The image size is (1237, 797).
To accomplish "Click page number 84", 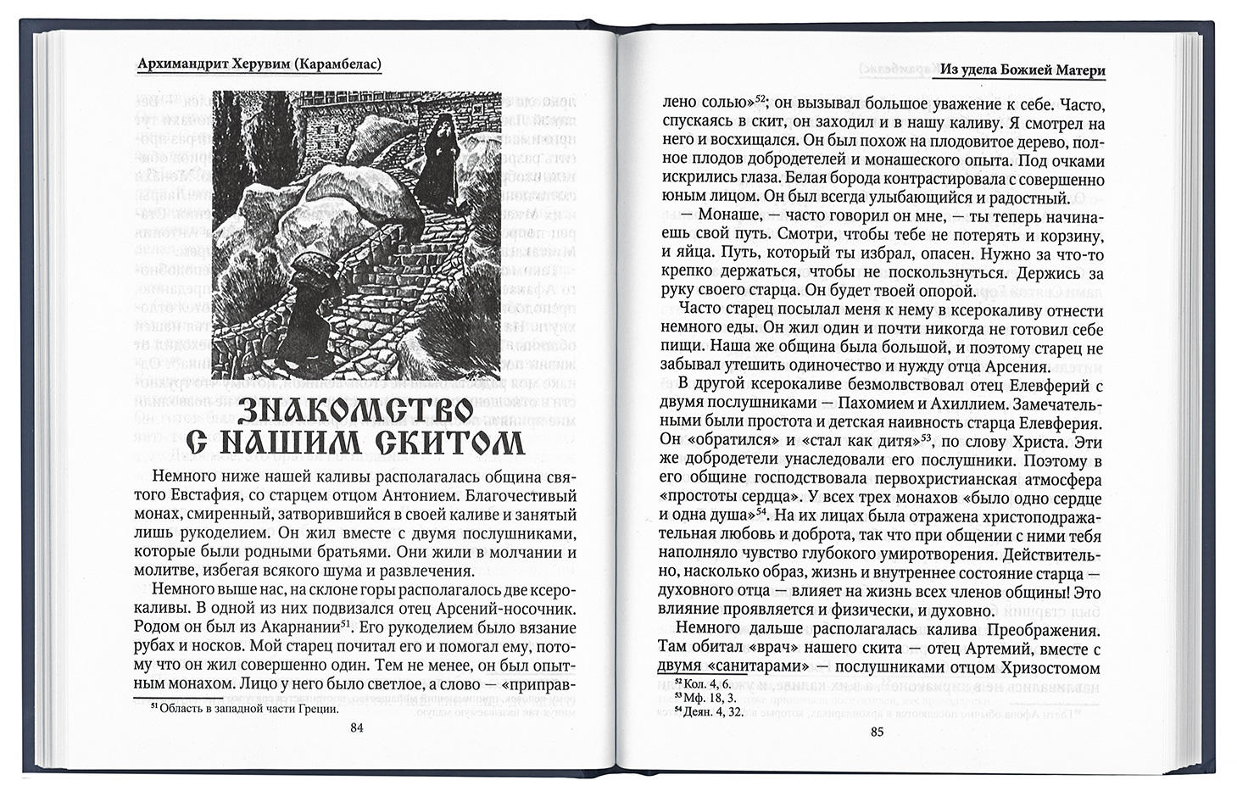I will pos(356,726).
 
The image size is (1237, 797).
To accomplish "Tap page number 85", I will pos(877,732).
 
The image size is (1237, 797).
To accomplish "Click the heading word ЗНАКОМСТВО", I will pos(354,410).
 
